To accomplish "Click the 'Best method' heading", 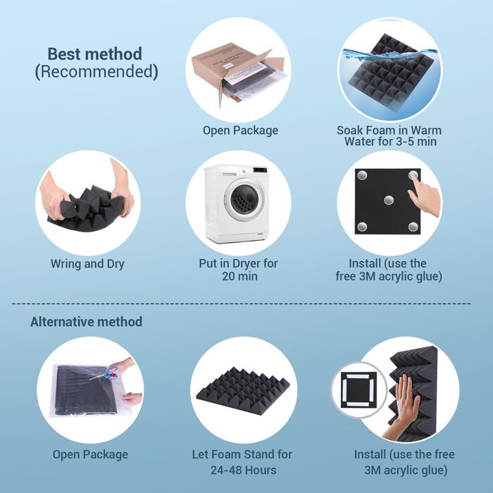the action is [x=94, y=54].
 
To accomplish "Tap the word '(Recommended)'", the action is [x=96, y=71].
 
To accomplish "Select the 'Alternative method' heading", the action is [x=86, y=322].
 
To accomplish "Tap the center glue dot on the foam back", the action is [x=389, y=199].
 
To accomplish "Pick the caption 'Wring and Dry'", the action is [x=87, y=263].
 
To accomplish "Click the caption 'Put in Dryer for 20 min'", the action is [x=238, y=270].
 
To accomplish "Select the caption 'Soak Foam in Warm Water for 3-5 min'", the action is [x=389, y=136].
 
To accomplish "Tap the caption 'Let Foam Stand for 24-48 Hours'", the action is [x=242, y=462].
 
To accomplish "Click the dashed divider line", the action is [x=242, y=304].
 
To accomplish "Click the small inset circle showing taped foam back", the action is [x=359, y=389].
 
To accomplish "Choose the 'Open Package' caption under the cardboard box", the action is [x=241, y=130].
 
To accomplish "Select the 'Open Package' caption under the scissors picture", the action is [x=90, y=454].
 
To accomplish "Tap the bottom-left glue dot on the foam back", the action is [x=362, y=226].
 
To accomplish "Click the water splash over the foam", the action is [x=390, y=56].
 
